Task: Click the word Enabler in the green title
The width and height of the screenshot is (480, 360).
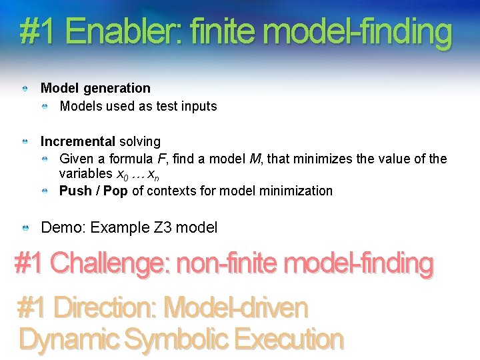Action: click(126, 32)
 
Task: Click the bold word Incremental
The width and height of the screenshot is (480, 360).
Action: click(78, 141)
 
